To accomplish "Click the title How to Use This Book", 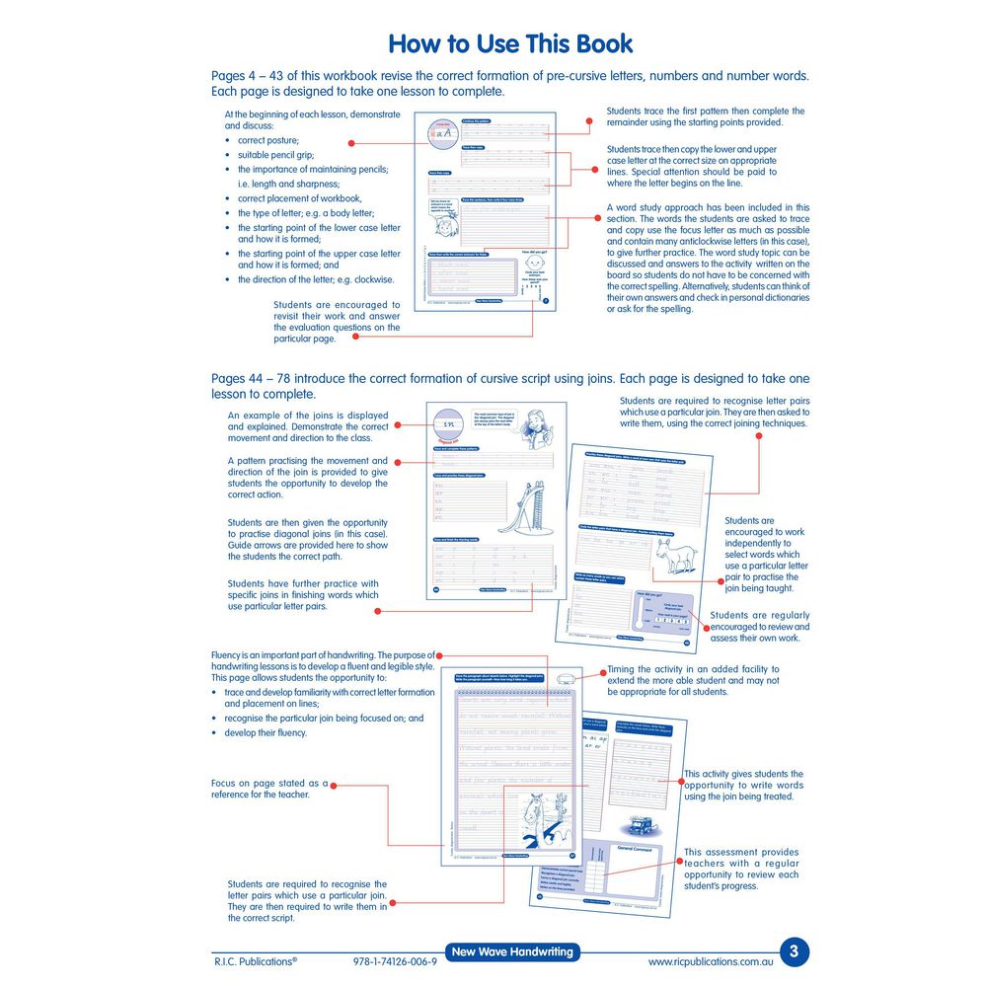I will [510, 44].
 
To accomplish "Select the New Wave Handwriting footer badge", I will [511, 952].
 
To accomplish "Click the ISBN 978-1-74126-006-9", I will [394, 961].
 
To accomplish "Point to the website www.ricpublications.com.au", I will [711, 961].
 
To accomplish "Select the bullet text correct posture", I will [268, 141].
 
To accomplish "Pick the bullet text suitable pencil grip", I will [275, 155].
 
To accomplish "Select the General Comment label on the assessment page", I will [636, 848].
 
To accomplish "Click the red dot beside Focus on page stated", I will [334, 787].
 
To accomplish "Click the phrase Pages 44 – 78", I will [247, 379].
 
